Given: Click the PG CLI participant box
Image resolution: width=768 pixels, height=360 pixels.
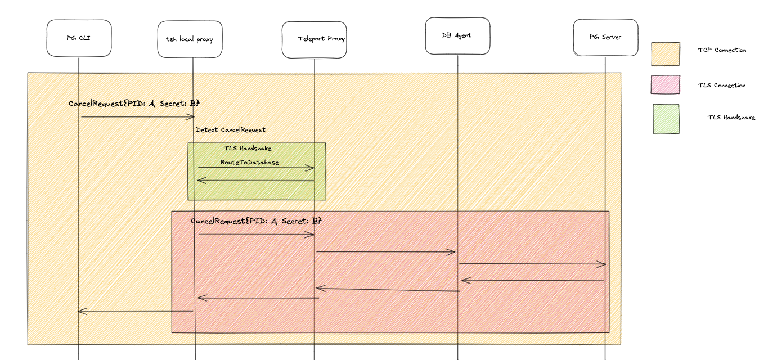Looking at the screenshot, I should click(x=79, y=38).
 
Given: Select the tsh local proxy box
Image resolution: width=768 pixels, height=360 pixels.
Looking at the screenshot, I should click(x=190, y=39).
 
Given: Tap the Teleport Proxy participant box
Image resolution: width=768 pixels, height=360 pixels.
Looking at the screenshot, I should click(x=314, y=39).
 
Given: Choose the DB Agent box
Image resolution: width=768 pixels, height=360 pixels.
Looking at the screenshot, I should click(x=457, y=36).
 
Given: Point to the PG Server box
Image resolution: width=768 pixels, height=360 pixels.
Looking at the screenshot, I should click(x=605, y=38).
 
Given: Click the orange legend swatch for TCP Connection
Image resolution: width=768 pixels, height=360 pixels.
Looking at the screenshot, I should click(x=666, y=54).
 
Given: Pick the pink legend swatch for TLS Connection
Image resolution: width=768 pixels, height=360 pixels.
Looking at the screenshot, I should click(x=665, y=85).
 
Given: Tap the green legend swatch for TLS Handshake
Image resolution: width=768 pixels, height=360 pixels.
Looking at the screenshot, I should click(x=666, y=119).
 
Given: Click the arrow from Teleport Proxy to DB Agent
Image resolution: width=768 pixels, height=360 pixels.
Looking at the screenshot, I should click(x=385, y=252).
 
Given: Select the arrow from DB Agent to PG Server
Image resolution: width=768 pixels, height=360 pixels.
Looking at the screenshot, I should click(x=532, y=264).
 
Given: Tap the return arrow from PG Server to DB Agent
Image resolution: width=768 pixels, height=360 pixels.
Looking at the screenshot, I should click(x=532, y=280).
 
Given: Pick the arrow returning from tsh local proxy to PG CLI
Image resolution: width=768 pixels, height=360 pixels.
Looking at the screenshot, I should click(x=135, y=311).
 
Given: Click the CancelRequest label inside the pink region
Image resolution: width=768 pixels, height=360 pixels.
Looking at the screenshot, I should click(x=256, y=222).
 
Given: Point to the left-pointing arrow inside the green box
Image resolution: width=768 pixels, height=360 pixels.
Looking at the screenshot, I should click(x=255, y=181).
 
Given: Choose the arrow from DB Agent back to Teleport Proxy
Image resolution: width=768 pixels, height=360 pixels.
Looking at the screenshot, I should click(x=388, y=290).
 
